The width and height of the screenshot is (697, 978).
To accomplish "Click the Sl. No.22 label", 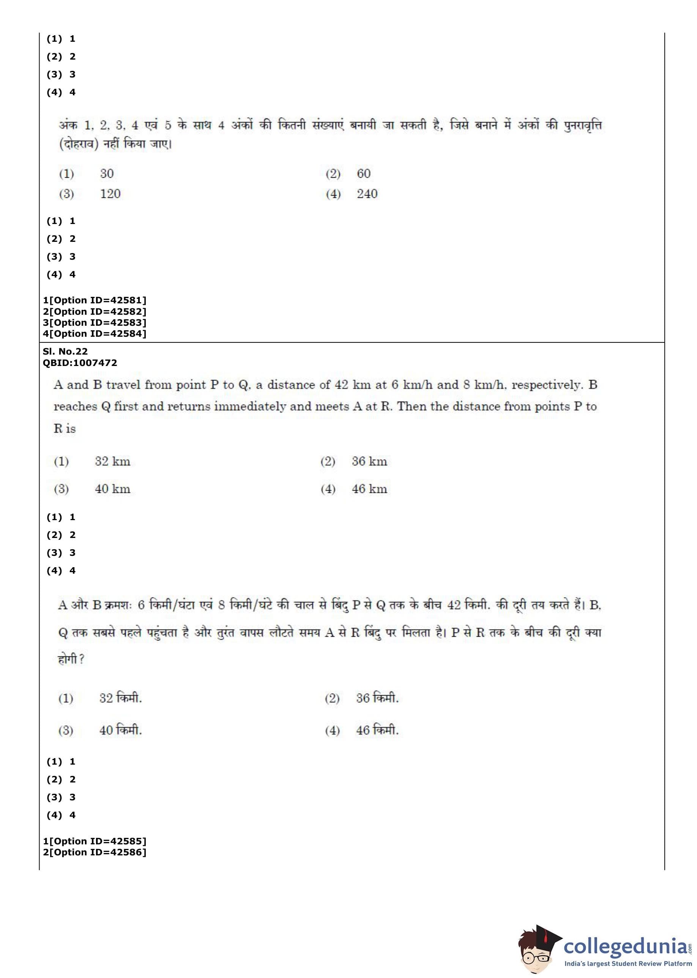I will coord(65,352).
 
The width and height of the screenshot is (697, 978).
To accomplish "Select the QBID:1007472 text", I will coord(80,363).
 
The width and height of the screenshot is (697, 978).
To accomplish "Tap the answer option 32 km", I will coord(112,461).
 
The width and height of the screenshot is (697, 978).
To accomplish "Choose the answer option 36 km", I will coord(369,461).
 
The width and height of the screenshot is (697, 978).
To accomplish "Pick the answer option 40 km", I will coord(112,489).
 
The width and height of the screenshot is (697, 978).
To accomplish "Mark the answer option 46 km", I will coord(369,489).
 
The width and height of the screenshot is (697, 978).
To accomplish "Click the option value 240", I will coord(367,194).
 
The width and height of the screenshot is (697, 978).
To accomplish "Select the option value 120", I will coord(110,194).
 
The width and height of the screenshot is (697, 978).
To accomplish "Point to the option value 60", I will coord(364,174).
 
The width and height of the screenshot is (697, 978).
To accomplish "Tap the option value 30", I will coord(107,174).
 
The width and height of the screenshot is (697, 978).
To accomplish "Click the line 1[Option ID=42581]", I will coord(95,300).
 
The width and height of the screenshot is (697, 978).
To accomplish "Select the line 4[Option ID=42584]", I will coord(95,333).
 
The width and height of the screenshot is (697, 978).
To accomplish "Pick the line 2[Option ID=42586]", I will coord(95,852).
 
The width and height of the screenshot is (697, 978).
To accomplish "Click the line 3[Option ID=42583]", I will coord(95,322).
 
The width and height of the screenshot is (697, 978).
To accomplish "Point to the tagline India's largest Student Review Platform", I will coord(628,964).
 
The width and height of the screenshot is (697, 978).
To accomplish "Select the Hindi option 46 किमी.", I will coord(377,730).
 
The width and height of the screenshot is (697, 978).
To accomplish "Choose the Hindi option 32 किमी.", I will coord(120,698).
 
